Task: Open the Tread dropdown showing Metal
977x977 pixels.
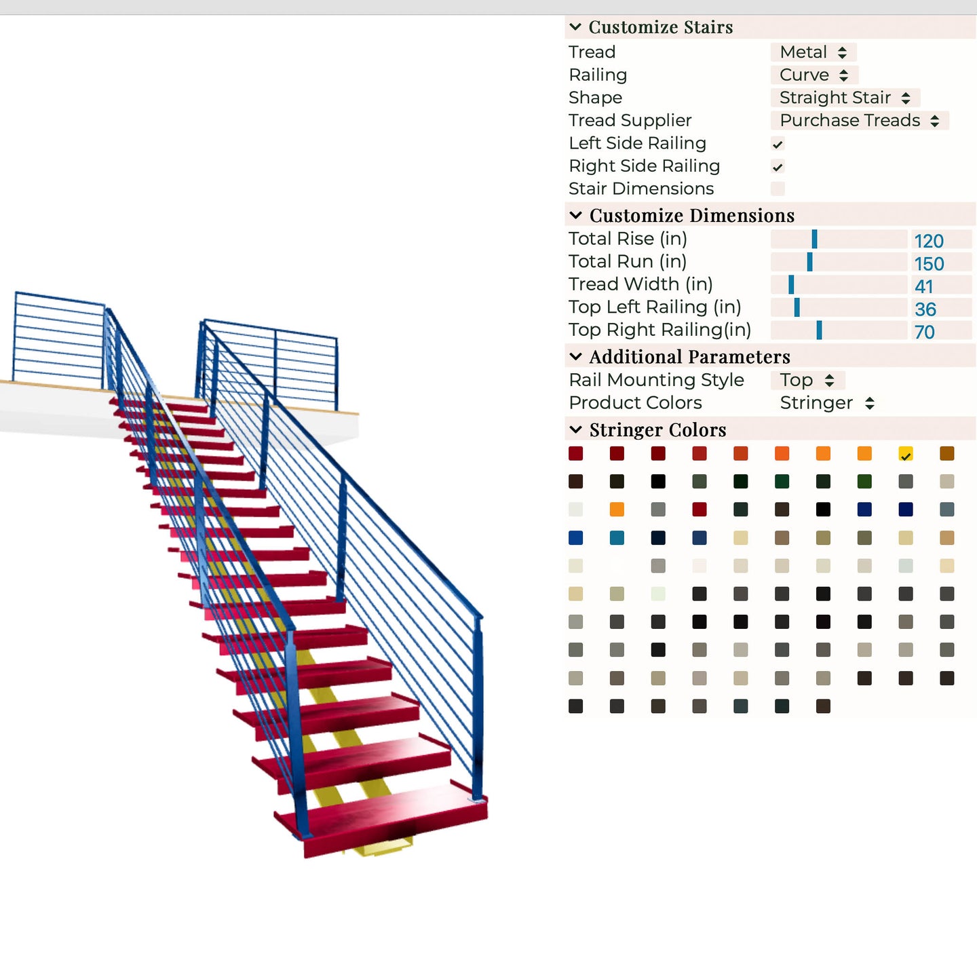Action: pyautogui.click(x=813, y=52)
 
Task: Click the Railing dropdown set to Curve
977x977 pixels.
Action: pyautogui.click(x=813, y=75)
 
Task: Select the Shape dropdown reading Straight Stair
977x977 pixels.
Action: pyautogui.click(x=845, y=98)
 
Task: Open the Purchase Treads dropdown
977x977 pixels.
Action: pyautogui.click(x=859, y=121)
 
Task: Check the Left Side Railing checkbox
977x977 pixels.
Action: pyautogui.click(x=778, y=144)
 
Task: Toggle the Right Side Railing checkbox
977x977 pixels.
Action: pyautogui.click(x=778, y=167)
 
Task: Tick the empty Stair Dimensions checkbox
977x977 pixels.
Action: pyautogui.click(x=778, y=189)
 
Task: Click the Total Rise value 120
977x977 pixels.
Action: pyautogui.click(x=929, y=241)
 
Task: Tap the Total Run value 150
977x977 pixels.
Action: pyautogui.click(x=929, y=264)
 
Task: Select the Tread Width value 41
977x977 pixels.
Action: pyautogui.click(x=924, y=286)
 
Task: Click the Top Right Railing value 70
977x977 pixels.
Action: pyautogui.click(x=924, y=332)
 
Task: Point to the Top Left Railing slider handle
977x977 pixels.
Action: pyautogui.click(x=797, y=307)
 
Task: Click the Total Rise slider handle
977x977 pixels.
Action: pyautogui.click(x=814, y=239)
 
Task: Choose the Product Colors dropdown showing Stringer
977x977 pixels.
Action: pyautogui.click(x=826, y=403)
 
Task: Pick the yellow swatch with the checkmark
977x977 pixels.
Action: pyautogui.click(x=906, y=454)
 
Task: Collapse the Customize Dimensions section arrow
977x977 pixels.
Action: pyautogui.click(x=576, y=216)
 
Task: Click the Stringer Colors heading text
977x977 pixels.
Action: pyautogui.click(x=657, y=430)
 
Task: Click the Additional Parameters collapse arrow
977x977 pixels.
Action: pyautogui.click(x=576, y=357)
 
